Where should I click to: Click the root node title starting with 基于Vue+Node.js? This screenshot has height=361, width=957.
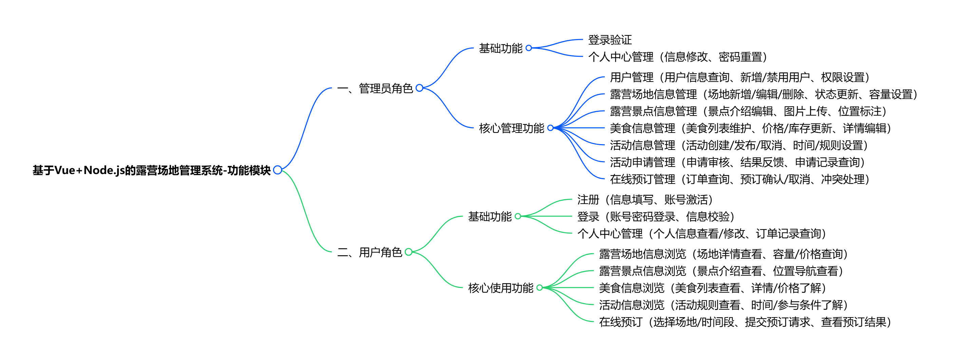click(x=152, y=170)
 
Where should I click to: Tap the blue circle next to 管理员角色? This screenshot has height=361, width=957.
click(x=419, y=88)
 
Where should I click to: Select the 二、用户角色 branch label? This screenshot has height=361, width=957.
click(x=370, y=252)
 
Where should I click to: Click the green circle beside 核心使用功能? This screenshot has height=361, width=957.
click(x=540, y=287)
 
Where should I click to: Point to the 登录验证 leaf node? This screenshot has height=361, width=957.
click(x=609, y=39)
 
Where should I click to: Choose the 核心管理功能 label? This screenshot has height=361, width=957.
click(x=511, y=128)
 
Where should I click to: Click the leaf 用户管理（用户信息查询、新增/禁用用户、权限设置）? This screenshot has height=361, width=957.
click(x=739, y=78)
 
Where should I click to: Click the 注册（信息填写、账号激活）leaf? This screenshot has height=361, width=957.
click(x=644, y=200)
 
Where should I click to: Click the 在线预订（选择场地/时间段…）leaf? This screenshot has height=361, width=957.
click(x=745, y=322)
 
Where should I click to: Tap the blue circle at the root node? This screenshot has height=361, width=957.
click(x=278, y=170)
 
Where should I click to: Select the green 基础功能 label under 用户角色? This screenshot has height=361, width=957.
click(x=490, y=216)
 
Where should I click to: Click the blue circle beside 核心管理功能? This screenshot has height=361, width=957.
click(x=550, y=128)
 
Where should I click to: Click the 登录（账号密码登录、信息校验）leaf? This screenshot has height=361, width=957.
click(x=655, y=217)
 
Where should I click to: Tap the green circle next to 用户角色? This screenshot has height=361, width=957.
click(x=409, y=252)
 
